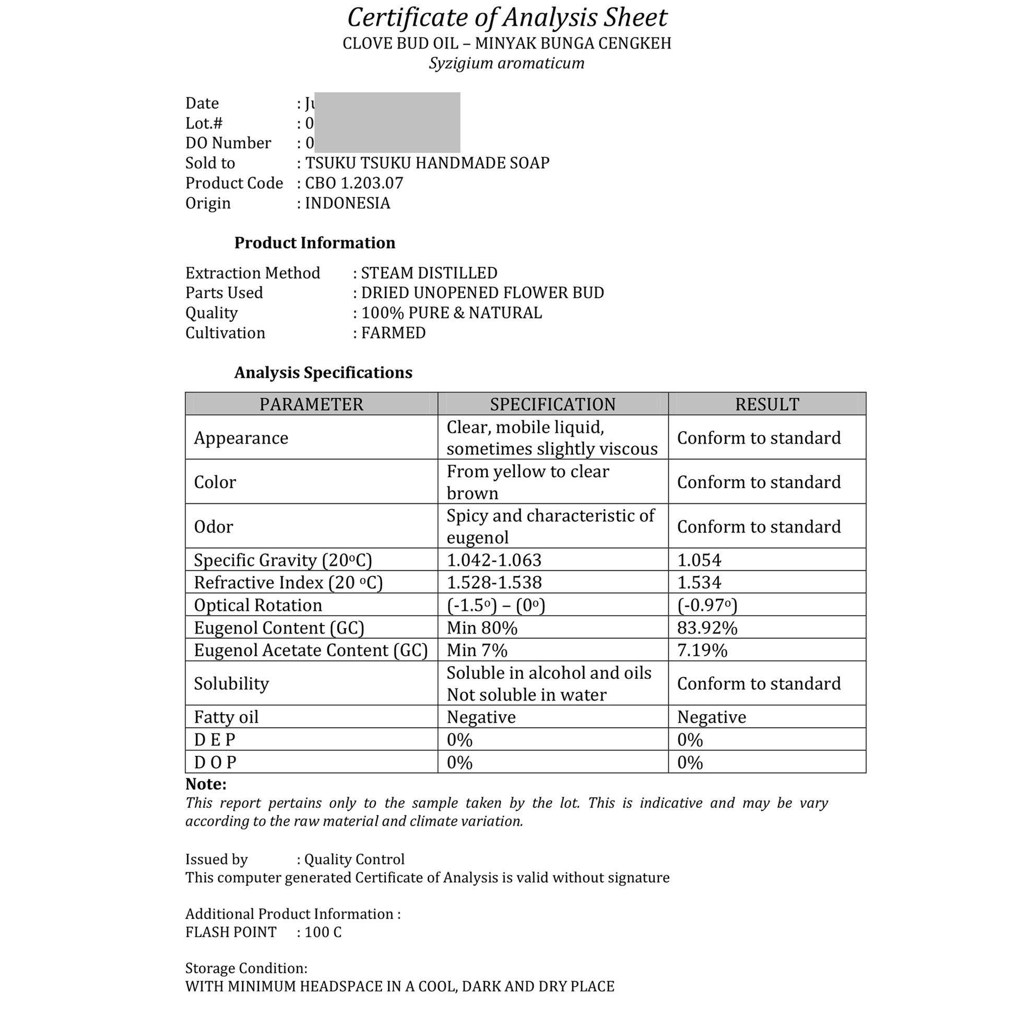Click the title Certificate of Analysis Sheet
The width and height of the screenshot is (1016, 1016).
pyautogui.click(x=507, y=18)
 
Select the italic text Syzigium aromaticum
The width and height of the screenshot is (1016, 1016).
pyautogui.click(x=506, y=63)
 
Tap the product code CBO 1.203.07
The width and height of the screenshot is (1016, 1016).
pyautogui.click(x=354, y=183)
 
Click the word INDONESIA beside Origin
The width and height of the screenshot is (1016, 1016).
pyautogui.click(x=348, y=203)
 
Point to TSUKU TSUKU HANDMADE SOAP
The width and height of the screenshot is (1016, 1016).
pyautogui.click(x=427, y=163)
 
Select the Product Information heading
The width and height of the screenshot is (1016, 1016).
pyautogui.click(x=314, y=242)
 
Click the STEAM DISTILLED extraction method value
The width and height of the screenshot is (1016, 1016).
pyautogui.click(x=429, y=273)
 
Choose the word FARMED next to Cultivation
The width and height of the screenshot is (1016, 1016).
pyautogui.click(x=393, y=333)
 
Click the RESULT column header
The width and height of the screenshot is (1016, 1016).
pyautogui.click(x=767, y=404)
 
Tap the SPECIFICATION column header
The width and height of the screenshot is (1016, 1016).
pyautogui.click(x=553, y=404)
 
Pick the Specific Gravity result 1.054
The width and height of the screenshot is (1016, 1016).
pyautogui.click(x=699, y=560)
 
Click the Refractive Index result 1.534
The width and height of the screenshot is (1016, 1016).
pyautogui.click(x=699, y=583)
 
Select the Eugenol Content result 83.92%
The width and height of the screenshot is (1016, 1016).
pyautogui.click(x=707, y=628)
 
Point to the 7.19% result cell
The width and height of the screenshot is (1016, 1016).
pyautogui.click(x=702, y=651)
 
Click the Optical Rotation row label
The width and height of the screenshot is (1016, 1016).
pyautogui.click(x=258, y=605)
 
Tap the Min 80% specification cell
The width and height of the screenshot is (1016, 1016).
pyautogui.click(x=482, y=628)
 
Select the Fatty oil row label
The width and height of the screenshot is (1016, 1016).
pyautogui.click(x=226, y=717)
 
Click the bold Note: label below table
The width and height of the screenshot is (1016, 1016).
pyautogui.click(x=206, y=784)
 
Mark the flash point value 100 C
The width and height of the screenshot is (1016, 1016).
pyautogui.click(x=323, y=932)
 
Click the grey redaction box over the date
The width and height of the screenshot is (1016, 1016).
pyautogui.click(x=387, y=122)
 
